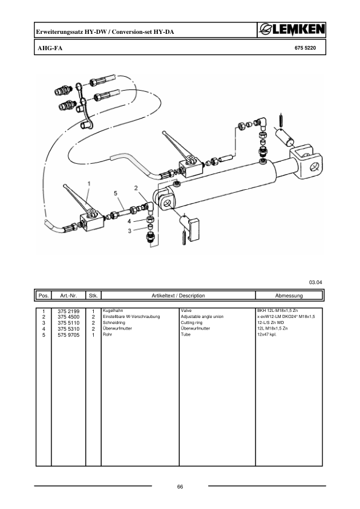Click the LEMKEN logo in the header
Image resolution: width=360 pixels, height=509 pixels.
[290, 30]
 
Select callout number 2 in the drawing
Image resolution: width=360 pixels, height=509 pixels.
[137, 188]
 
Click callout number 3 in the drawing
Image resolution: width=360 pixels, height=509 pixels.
[129, 230]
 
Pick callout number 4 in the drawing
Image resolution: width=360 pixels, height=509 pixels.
[129, 221]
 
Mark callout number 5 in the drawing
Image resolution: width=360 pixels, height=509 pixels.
[115, 193]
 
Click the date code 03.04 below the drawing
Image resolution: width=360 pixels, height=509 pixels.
[315, 282]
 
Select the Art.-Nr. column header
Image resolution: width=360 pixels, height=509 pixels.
[68, 296]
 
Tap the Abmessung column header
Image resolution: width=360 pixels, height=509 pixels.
[289, 296]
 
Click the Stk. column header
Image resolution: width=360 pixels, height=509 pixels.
[93, 296]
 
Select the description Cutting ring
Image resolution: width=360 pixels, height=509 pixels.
[193, 322]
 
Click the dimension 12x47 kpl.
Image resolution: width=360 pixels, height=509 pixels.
[267, 334]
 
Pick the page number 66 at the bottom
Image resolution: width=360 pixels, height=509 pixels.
[180, 487]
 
